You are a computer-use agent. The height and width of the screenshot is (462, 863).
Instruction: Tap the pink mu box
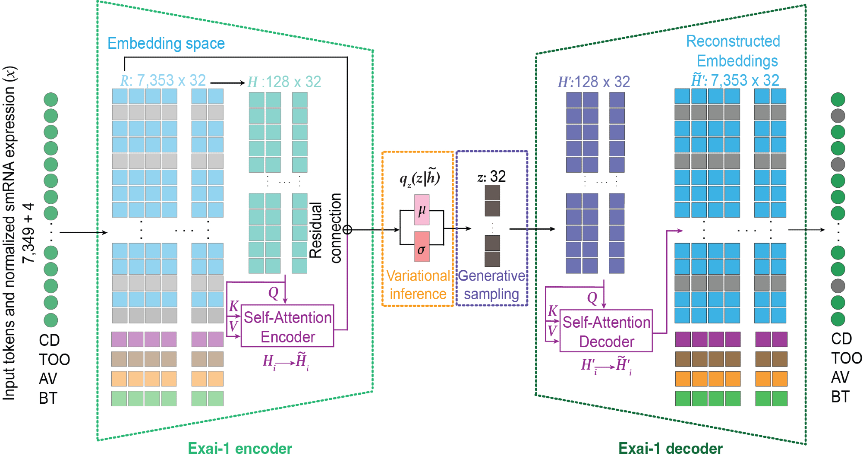click(422, 210)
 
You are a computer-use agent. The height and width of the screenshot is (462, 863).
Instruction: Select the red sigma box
click(422, 247)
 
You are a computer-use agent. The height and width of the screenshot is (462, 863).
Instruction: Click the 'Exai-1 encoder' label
click(240, 449)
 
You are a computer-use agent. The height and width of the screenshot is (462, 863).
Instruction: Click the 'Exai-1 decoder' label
click(670, 449)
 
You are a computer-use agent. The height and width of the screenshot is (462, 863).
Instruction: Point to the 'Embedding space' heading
click(166, 44)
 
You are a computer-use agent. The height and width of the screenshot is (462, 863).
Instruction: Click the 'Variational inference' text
click(418, 285)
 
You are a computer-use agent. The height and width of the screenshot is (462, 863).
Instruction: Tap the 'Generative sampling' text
click(491, 285)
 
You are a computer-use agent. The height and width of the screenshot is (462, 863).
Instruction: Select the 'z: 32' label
click(491, 176)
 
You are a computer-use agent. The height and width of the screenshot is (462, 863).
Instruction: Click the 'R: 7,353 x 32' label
click(163, 80)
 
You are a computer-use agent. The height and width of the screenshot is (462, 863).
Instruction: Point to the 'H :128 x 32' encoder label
click(284, 82)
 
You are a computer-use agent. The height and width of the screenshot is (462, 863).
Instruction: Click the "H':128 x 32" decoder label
click(594, 82)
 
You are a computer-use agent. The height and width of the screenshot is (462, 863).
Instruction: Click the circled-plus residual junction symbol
click(347, 230)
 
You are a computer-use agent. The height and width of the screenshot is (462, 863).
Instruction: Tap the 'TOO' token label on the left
click(54, 359)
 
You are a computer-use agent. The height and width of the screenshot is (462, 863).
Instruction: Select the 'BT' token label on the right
click(840, 397)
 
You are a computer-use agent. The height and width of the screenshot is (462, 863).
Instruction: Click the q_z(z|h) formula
click(419, 177)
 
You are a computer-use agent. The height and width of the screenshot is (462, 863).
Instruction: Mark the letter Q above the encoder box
click(273, 293)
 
